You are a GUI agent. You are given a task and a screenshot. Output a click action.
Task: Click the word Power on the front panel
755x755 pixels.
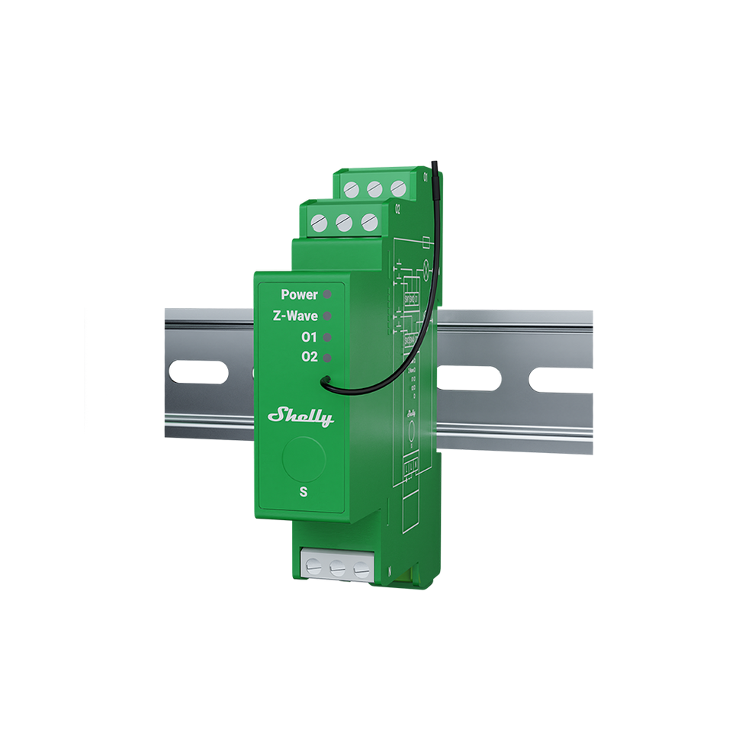[x=299, y=294]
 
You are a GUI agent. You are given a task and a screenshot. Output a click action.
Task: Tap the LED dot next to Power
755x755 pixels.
[x=327, y=294]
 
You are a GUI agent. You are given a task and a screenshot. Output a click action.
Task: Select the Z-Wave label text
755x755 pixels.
[x=294, y=315]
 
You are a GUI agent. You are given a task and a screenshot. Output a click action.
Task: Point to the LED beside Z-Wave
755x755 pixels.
[x=327, y=315]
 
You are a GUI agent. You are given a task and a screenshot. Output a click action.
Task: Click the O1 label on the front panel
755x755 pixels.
[x=310, y=336]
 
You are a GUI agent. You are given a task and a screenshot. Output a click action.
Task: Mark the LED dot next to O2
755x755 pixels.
[x=327, y=357]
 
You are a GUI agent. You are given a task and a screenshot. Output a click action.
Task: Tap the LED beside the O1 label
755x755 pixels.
[x=327, y=336]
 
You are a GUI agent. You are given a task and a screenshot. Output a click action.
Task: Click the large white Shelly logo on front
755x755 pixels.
[x=300, y=417]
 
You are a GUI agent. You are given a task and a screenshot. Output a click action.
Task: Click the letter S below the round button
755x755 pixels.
[x=304, y=492]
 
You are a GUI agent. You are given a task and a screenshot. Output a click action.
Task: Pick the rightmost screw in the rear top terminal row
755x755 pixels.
[x=397, y=188]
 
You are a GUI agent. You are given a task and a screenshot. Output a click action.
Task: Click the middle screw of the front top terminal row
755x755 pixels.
[x=344, y=223]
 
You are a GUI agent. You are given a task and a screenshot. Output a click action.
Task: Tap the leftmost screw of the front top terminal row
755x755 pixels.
[x=320, y=222]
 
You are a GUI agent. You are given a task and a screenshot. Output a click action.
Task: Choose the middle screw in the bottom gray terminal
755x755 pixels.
[x=336, y=568]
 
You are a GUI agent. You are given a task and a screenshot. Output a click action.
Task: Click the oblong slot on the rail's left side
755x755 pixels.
[x=198, y=373]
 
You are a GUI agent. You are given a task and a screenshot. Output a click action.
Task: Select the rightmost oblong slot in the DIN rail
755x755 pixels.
[x=562, y=379]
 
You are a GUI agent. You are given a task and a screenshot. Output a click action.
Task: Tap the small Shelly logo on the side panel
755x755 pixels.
[x=411, y=413]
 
